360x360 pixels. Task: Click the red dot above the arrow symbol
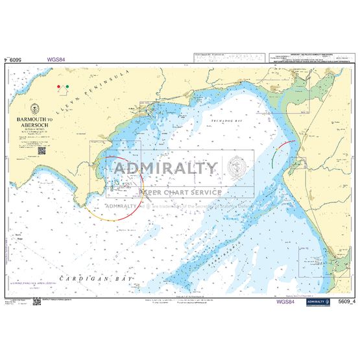(x=58, y=85)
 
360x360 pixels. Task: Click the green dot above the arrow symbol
(x=67, y=85)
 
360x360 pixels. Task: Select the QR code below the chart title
(x=41, y=150)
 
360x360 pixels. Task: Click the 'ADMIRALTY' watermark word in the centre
(x=166, y=169)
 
